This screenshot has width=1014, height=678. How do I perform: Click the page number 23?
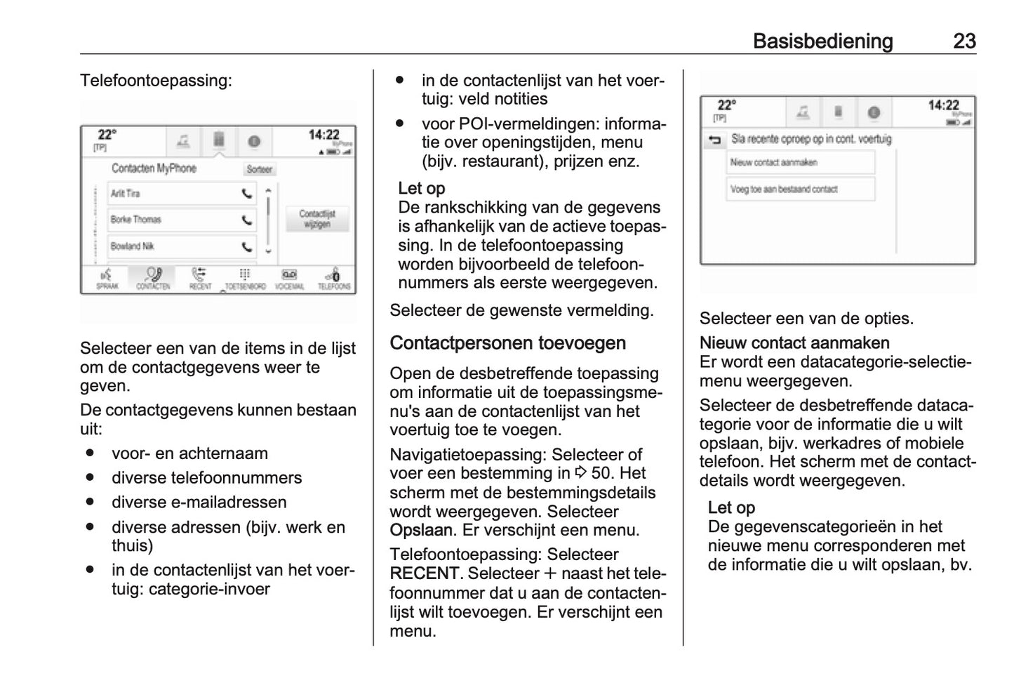(964, 41)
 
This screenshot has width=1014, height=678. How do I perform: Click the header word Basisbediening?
(822, 41)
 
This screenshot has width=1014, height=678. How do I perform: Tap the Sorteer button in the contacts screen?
(259, 169)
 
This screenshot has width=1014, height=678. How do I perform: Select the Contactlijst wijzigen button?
(317, 218)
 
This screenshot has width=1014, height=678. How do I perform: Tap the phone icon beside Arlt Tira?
(247, 194)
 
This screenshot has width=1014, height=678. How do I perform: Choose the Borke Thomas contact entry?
(136, 220)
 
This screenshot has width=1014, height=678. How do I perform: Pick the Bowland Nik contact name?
(133, 246)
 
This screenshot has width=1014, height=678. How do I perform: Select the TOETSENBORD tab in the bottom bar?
(245, 278)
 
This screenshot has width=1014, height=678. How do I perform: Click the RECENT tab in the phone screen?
(200, 278)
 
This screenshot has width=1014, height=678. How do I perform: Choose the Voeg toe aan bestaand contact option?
(800, 189)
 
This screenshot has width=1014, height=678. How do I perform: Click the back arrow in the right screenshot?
(714, 140)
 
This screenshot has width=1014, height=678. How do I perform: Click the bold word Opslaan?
(421, 531)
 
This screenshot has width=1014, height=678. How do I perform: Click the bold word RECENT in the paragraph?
(425, 573)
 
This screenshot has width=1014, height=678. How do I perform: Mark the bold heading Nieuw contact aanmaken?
(794, 343)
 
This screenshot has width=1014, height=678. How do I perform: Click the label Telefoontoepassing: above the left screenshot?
(156, 80)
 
